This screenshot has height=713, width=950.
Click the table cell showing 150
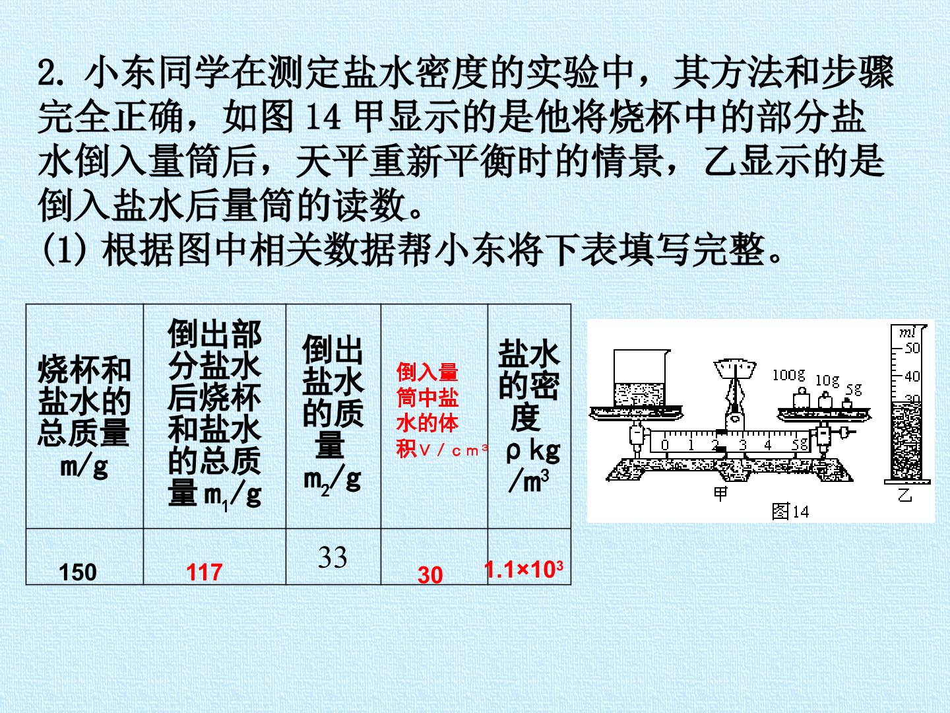tap(78, 572)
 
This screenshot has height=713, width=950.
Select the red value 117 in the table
tap(205, 572)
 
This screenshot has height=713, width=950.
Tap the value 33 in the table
tap(332, 557)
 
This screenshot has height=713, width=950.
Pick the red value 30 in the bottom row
tap(430, 575)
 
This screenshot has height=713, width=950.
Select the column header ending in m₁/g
tap(214, 414)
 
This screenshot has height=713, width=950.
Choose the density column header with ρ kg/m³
tap(529, 417)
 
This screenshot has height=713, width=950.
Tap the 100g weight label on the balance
tap(788, 374)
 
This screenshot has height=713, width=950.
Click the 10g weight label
tap(827, 380)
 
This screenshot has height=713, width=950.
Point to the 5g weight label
tap(854, 390)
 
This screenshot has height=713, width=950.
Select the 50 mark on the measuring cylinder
tap(912, 348)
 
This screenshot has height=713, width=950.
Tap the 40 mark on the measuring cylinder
tap(912, 376)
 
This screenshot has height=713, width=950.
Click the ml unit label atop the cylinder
tap(906, 332)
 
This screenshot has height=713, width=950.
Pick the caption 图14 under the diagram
tap(790, 511)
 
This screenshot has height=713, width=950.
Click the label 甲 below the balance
tap(720, 494)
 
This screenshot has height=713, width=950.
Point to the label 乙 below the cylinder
tap(904, 494)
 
